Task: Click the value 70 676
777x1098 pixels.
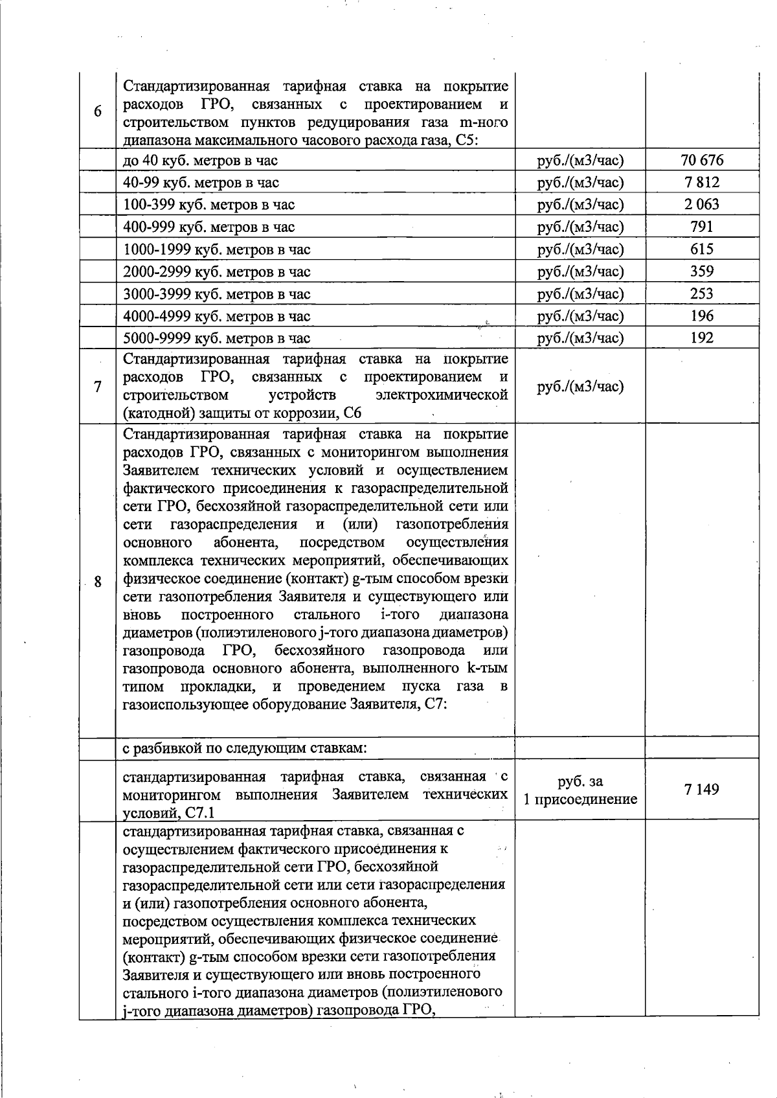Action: (x=702, y=160)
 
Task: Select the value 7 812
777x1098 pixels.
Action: (x=702, y=183)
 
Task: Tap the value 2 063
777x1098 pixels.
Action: (x=702, y=205)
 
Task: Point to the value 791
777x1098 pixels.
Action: (x=702, y=227)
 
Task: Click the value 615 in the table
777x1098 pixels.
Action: (x=702, y=249)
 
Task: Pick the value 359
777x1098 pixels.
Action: (x=702, y=271)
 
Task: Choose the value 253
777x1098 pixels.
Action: (x=702, y=293)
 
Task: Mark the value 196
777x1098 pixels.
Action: (x=702, y=315)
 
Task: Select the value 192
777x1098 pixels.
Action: (x=702, y=337)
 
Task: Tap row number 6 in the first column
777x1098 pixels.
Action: (x=97, y=111)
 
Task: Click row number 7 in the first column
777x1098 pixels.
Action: (x=97, y=387)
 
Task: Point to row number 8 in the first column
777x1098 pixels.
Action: (x=97, y=582)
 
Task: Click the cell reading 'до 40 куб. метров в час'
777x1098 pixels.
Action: (x=201, y=161)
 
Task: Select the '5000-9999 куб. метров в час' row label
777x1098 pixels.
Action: (x=217, y=338)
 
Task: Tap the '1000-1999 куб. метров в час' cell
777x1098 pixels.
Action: (x=217, y=249)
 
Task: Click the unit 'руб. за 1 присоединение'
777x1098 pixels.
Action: (x=580, y=790)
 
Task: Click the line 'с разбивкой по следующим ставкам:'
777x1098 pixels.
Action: (x=245, y=748)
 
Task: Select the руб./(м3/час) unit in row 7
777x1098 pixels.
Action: (x=580, y=387)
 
